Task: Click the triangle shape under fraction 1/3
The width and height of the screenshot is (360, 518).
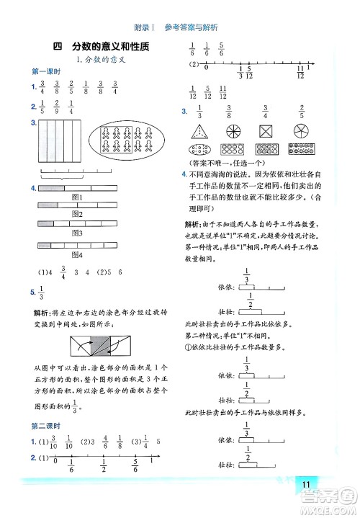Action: point(199,131)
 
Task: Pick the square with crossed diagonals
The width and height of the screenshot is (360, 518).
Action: point(266,132)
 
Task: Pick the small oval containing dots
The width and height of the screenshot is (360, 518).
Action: point(199,151)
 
